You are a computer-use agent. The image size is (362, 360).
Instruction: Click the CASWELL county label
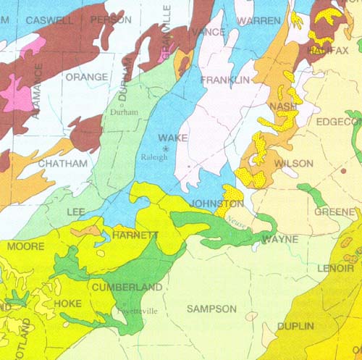(x=49, y=20)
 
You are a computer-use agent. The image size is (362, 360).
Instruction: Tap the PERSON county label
(x=111, y=20)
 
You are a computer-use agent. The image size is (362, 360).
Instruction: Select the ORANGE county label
(x=86, y=76)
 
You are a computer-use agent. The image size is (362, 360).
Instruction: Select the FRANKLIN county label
(x=225, y=79)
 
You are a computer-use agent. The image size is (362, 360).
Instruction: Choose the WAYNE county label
(x=279, y=238)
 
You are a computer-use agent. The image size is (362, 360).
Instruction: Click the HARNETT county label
(x=135, y=236)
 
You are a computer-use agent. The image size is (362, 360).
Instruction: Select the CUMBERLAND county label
(x=127, y=288)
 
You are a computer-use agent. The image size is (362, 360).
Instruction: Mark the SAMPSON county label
(x=211, y=309)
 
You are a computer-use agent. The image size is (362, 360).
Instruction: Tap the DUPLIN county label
(x=295, y=327)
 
